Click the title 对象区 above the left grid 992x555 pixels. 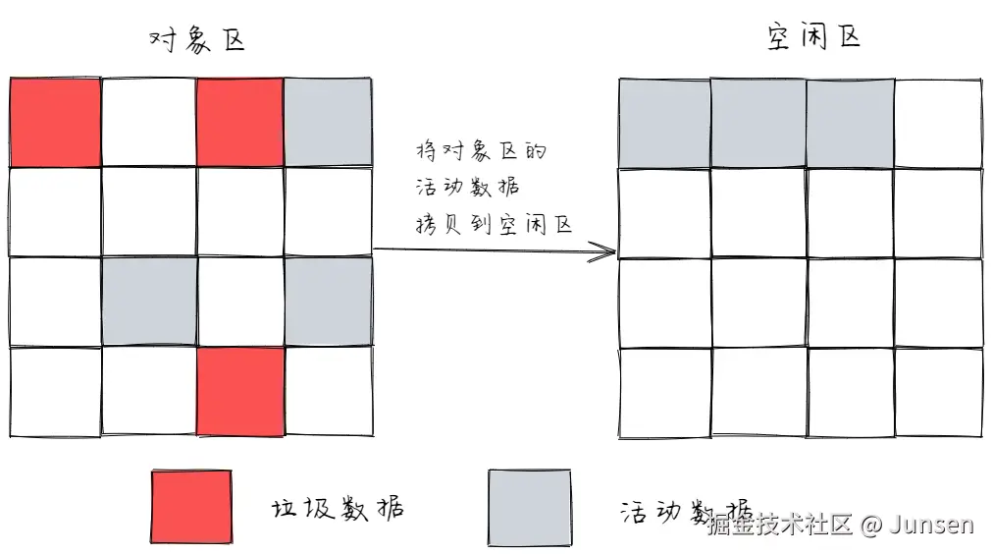195,40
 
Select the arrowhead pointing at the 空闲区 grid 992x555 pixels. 602,252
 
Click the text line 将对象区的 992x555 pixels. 480,153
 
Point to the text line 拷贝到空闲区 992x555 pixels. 494,225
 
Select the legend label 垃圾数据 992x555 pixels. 337,509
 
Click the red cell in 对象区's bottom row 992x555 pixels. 240,390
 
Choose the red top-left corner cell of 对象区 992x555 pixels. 56,123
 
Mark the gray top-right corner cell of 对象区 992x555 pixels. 329,123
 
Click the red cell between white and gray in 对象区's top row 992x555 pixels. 240,123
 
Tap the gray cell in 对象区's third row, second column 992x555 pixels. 149,302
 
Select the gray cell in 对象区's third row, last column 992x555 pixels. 329,302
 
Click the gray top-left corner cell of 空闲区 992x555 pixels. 664,123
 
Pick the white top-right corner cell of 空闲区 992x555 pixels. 937,123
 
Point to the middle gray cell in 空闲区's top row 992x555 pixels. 757,123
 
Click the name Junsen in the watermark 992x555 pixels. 932,525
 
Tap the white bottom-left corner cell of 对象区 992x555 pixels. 56,391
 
